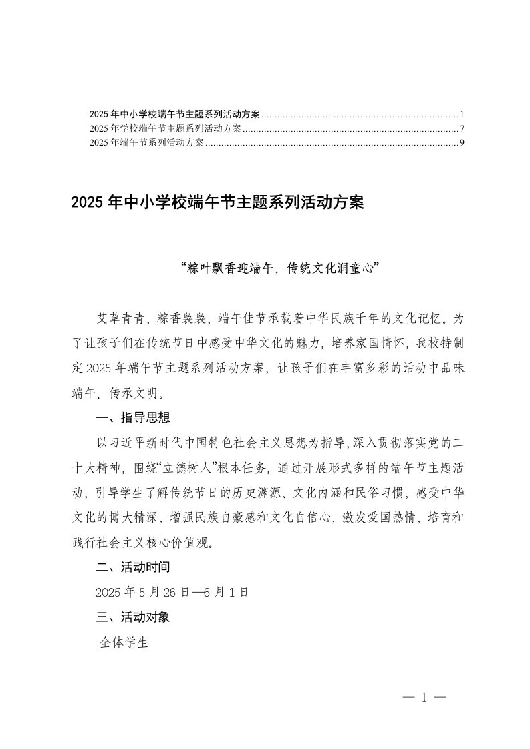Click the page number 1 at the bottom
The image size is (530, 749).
coord(424,698)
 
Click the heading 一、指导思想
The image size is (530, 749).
coord(133,418)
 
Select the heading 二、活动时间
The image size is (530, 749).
coord(133,568)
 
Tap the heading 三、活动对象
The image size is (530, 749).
coord(133,617)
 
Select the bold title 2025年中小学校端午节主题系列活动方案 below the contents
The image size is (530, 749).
coord(217,202)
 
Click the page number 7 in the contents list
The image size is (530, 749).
coord(462,129)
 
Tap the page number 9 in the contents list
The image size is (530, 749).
coord(462,143)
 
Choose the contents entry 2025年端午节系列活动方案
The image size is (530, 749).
coord(146,143)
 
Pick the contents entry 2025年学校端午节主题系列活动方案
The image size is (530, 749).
coord(165,129)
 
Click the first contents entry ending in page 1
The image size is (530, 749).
coord(175,115)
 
